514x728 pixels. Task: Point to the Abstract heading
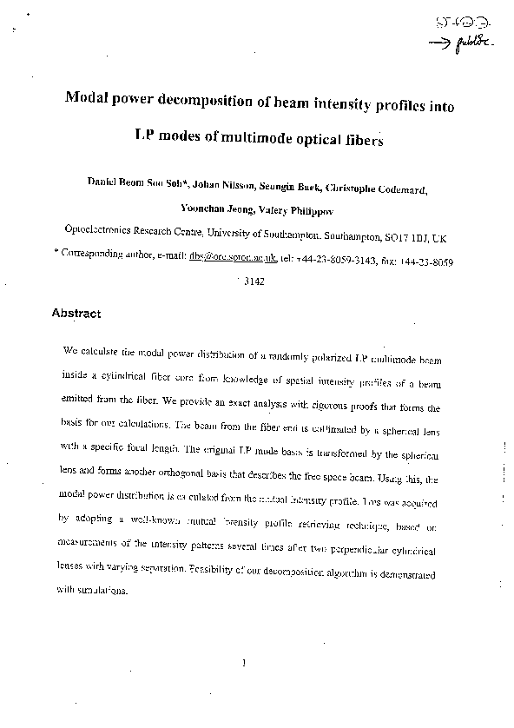76,314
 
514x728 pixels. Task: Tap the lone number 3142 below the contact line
254,281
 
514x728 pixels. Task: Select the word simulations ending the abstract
103,591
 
